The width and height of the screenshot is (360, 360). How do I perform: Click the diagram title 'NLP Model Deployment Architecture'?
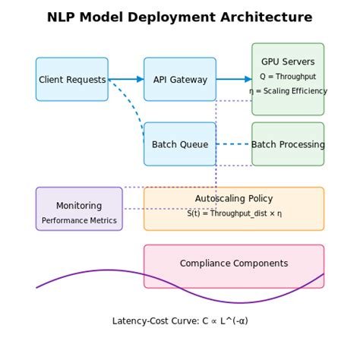[x=179, y=17]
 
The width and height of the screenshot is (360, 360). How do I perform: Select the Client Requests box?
[x=71, y=79]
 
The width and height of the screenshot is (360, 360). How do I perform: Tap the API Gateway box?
[x=179, y=79]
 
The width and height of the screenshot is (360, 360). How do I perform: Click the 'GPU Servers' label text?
[x=288, y=62]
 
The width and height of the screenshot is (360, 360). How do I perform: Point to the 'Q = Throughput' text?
[x=288, y=76]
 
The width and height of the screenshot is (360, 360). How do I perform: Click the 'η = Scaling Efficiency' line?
[x=288, y=91]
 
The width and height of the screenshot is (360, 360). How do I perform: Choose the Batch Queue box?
[x=179, y=144]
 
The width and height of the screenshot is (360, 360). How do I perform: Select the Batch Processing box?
[x=288, y=144]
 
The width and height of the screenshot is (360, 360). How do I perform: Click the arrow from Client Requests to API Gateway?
[x=125, y=79]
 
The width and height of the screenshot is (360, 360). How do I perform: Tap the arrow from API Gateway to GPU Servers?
[x=233, y=79]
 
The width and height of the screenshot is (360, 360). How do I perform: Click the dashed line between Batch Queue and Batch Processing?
[x=233, y=144]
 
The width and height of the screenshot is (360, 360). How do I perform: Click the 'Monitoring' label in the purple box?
[x=79, y=206]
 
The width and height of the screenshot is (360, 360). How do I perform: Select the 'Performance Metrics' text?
[x=79, y=221]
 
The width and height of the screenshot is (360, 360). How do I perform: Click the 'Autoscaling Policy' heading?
[x=234, y=198]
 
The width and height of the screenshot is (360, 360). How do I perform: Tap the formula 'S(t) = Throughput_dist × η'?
[x=234, y=214]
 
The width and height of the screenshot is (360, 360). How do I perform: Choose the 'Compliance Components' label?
[x=234, y=264]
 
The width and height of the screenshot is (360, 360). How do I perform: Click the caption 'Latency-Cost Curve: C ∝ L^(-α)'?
[x=180, y=321]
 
